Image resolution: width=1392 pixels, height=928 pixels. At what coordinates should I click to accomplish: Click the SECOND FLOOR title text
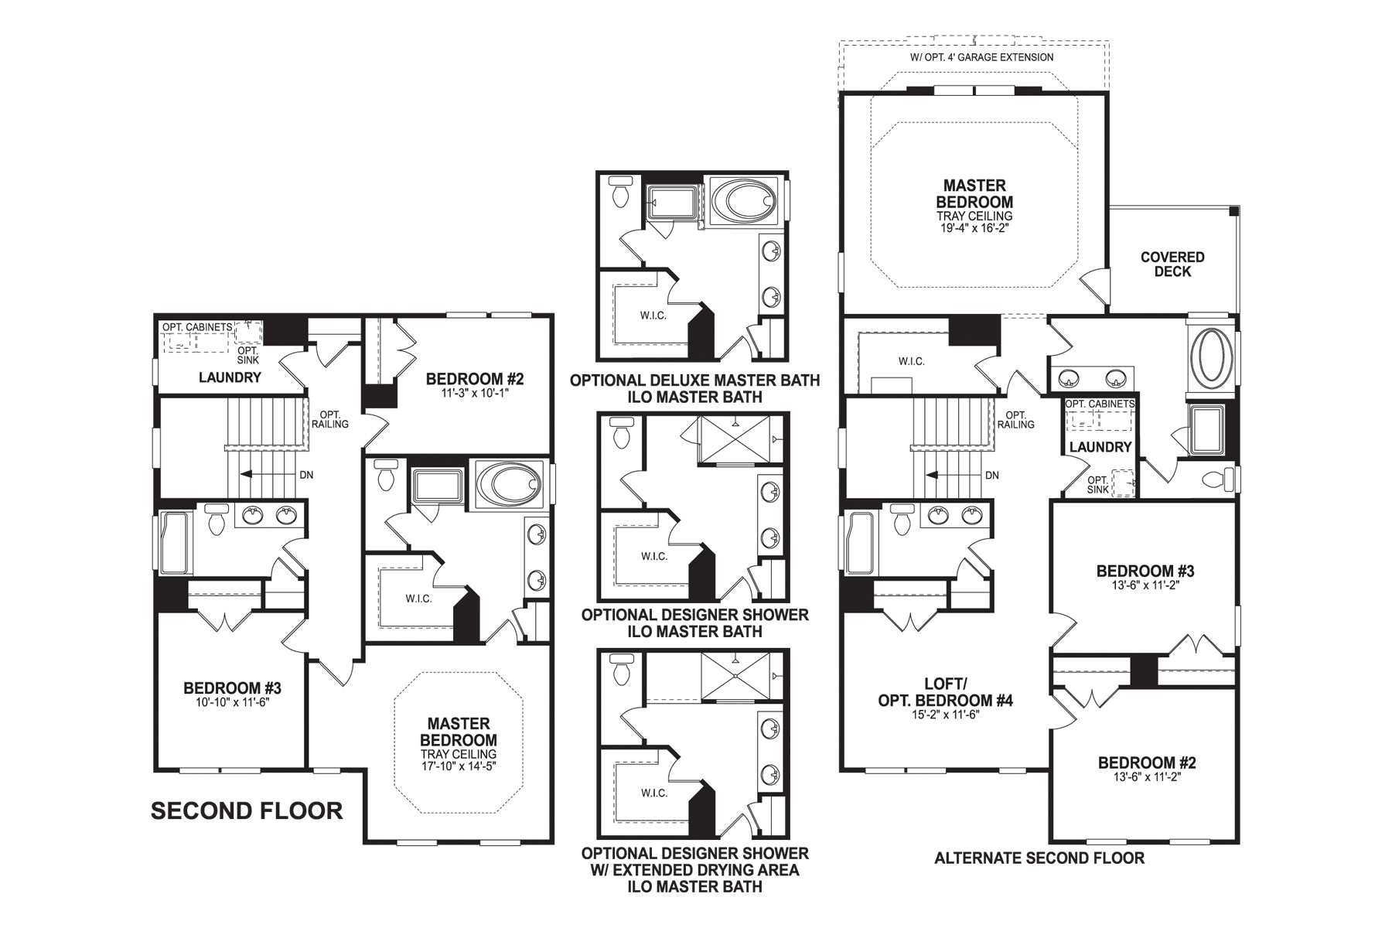tap(246, 810)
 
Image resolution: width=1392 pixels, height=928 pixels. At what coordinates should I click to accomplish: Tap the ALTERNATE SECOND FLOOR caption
tap(1039, 858)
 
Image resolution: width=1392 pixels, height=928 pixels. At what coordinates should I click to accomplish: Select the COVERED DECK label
tap(1172, 264)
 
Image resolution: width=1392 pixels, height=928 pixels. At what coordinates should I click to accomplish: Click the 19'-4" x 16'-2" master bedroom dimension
tap(974, 228)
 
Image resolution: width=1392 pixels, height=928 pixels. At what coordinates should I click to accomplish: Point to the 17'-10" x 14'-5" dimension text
tap(459, 766)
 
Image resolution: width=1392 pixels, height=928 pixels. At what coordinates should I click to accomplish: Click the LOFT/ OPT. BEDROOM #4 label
tap(945, 692)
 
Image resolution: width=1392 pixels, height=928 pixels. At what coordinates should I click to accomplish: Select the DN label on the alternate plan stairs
tap(992, 475)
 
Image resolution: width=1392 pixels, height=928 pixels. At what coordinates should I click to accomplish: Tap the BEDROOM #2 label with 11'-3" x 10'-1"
tap(474, 379)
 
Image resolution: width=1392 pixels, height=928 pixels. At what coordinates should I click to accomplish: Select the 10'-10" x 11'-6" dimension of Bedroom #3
tap(232, 702)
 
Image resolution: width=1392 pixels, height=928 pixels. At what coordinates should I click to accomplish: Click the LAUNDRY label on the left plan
tap(230, 377)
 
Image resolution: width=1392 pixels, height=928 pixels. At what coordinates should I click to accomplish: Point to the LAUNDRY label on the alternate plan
tap(1100, 447)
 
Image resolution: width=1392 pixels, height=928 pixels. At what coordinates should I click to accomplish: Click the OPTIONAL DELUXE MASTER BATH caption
tap(694, 380)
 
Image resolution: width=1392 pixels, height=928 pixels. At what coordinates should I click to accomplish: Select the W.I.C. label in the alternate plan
tap(912, 361)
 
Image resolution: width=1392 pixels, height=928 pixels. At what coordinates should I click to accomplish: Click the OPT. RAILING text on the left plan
tap(330, 419)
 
